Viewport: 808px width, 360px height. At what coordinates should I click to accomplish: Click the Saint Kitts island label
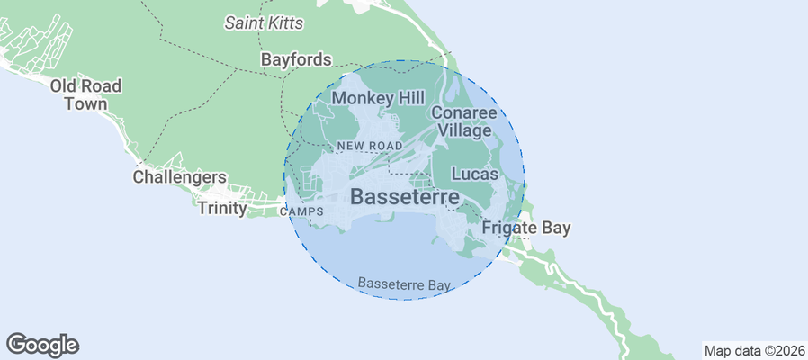(x=264, y=22)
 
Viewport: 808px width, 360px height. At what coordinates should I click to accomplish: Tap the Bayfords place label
(x=296, y=60)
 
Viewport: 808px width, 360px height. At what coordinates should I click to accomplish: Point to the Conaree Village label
(x=463, y=121)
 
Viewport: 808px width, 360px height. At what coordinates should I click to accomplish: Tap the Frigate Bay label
(x=526, y=228)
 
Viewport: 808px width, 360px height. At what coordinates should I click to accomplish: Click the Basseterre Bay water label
(x=403, y=283)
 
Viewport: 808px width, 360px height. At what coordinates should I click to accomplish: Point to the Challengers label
(x=179, y=177)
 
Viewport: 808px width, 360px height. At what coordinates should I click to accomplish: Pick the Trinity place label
(x=222, y=208)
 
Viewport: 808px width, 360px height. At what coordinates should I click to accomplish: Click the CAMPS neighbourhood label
(x=301, y=212)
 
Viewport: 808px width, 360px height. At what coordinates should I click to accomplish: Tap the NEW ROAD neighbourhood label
(x=369, y=146)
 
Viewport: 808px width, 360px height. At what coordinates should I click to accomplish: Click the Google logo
(x=42, y=344)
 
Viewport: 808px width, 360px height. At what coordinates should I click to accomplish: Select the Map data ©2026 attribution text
(x=753, y=350)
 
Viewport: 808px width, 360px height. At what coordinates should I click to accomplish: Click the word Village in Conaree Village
(x=466, y=130)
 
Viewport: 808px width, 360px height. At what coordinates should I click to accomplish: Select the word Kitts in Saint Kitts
(x=284, y=22)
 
